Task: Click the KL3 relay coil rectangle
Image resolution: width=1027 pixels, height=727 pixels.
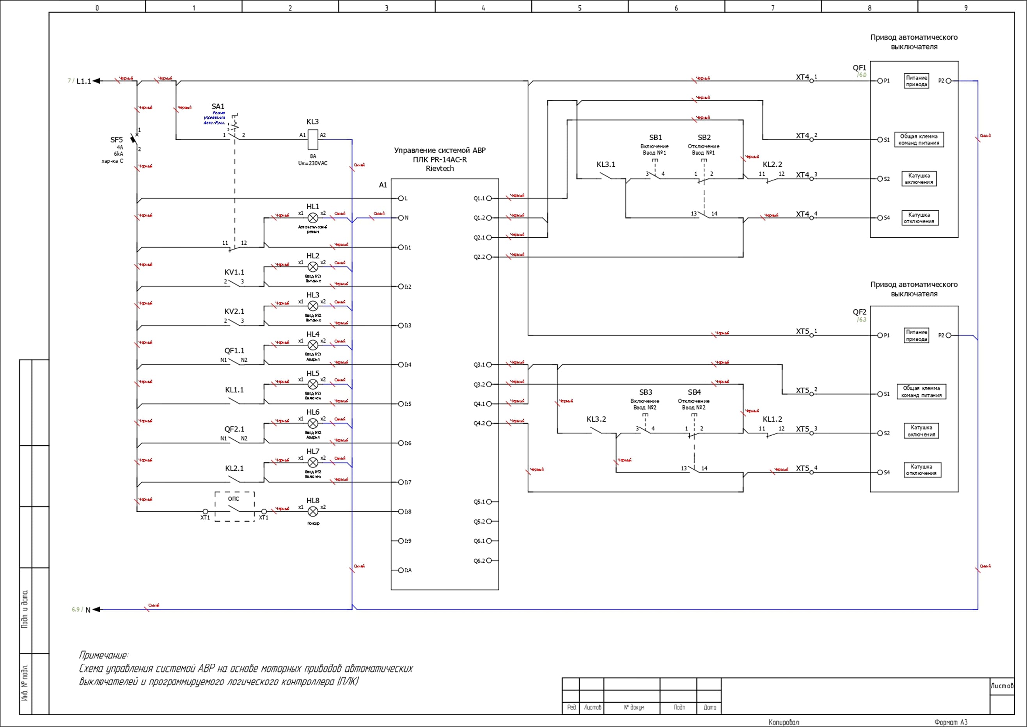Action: (313, 139)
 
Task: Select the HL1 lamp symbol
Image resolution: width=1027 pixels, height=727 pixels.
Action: (313, 218)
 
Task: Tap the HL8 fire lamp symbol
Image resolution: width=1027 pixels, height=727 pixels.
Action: (313, 511)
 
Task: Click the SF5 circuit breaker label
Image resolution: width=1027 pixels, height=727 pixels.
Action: (116, 140)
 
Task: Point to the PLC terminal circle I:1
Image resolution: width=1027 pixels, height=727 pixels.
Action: (401, 247)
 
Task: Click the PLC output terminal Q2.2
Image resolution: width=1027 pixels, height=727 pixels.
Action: (489, 257)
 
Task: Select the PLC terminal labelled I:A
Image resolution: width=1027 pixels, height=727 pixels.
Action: (401, 570)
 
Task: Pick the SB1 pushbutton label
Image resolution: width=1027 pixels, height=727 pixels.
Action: (655, 137)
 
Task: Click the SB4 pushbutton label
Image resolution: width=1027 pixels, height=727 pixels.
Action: (694, 392)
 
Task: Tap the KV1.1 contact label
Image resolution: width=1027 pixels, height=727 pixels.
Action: (234, 272)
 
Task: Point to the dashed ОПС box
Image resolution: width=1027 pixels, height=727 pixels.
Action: (234, 506)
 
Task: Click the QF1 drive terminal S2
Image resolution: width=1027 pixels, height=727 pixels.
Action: (880, 178)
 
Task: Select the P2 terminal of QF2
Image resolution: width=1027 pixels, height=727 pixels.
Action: (948, 335)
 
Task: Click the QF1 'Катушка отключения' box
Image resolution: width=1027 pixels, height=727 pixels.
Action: (920, 218)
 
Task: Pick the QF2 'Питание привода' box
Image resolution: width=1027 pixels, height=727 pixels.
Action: (916, 335)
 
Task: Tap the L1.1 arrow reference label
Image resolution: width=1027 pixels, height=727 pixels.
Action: (83, 81)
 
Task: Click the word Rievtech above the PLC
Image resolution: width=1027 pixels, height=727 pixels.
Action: (440, 168)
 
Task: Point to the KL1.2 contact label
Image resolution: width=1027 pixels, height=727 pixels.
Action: (772, 419)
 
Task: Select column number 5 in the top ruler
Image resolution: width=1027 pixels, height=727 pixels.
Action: (580, 7)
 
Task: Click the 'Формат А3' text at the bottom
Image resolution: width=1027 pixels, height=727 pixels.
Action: (951, 722)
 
